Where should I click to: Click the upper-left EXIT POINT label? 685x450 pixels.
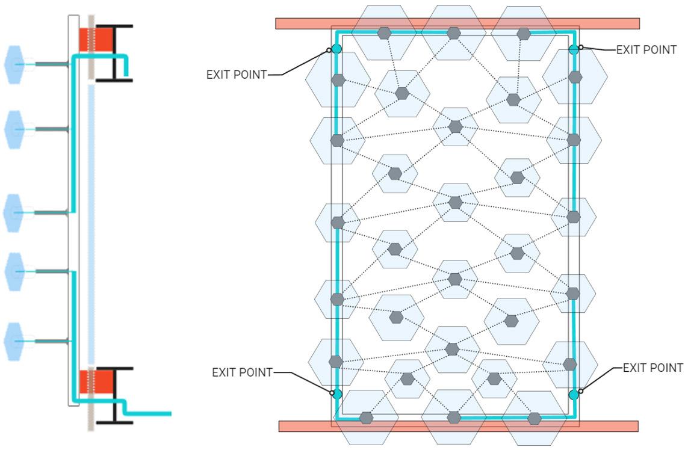coord(237,75)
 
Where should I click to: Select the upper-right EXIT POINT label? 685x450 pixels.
coord(646,50)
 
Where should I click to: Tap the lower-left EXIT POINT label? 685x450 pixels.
coord(242,372)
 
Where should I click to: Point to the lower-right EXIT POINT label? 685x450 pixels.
coord(652,368)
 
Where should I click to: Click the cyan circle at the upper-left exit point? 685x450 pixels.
coord(336,49)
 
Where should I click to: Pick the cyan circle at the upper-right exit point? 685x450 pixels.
coord(574,49)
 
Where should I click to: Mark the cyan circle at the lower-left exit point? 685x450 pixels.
coord(337,394)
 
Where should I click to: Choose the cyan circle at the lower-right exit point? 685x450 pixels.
coord(574,395)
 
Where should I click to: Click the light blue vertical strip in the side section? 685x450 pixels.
coord(91,223)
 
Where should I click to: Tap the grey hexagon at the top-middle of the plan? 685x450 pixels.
coord(454,33)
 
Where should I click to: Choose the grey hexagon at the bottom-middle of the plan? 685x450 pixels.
coord(454,418)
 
